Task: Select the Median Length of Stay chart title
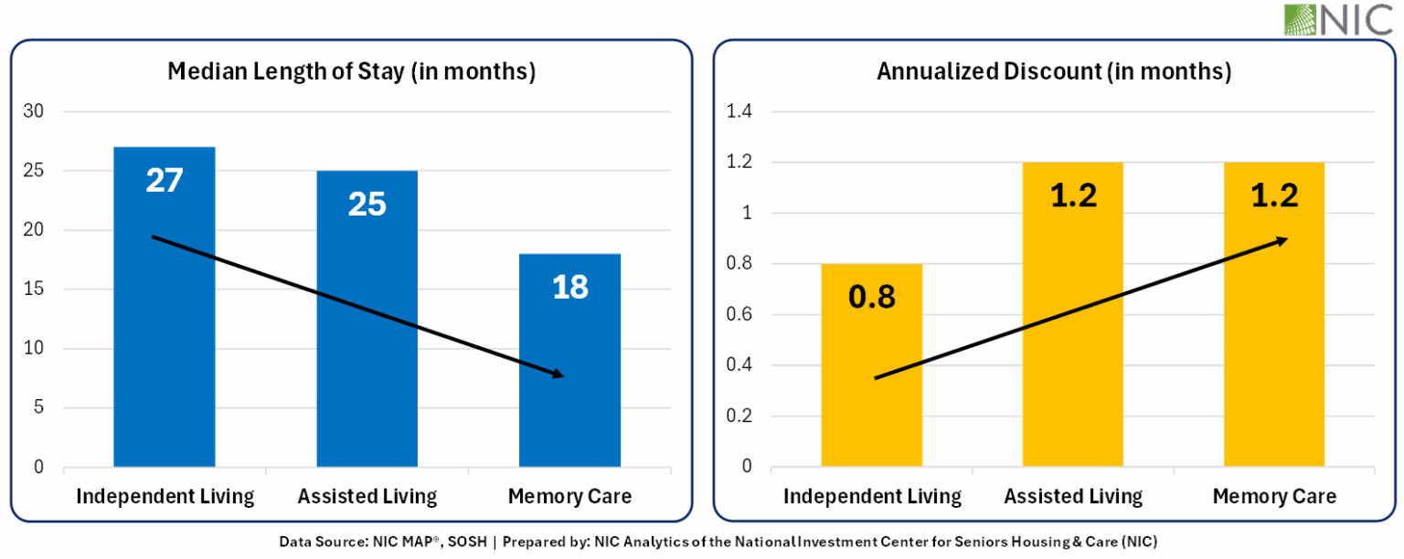click(x=351, y=72)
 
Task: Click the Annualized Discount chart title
click(x=1054, y=72)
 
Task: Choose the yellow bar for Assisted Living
click(x=1073, y=347)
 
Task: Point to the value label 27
click(x=165, y=181)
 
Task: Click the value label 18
click(x=569, y=288)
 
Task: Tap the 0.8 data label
click(x=871, y=299)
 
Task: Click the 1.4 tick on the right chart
click(x=739, y=111)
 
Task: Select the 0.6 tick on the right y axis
click(x=739, y=315)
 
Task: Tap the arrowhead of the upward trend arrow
click(x=1282, y=240)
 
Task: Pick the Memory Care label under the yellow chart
click(x=1274, y=497)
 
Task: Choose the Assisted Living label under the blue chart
click(x=367, y=497)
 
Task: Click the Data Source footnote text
click(x=718, y=543)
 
